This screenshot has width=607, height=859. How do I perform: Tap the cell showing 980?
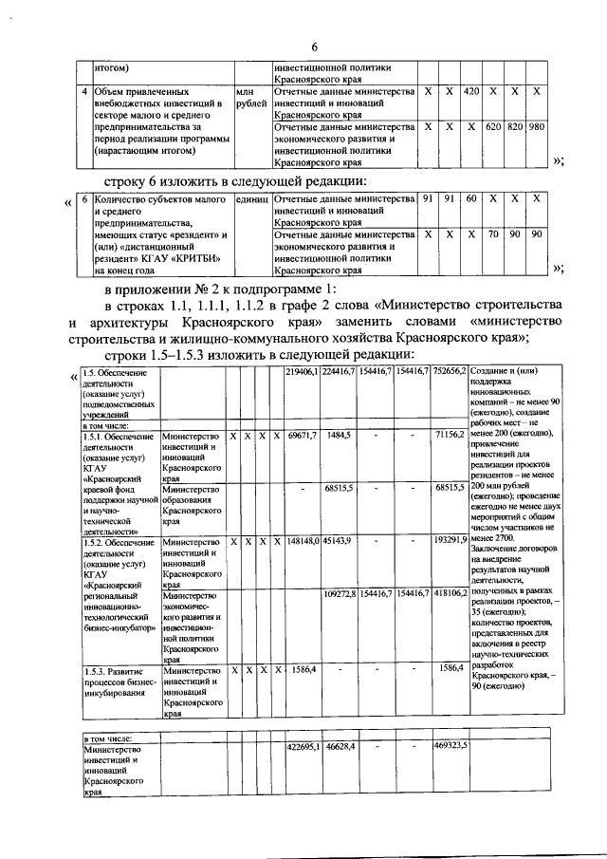click(537, 126)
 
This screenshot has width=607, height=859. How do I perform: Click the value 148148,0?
click(302, 540)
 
